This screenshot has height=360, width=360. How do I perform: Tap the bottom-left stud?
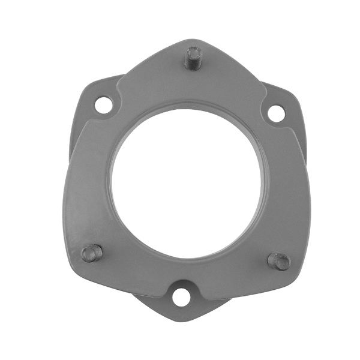92,253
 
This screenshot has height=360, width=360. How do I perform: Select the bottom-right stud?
279,260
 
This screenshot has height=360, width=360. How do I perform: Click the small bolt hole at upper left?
103,105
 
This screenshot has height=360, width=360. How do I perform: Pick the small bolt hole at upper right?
275,113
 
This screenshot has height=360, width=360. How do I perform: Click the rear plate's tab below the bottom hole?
181,311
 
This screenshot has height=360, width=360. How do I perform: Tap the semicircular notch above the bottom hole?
181,283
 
